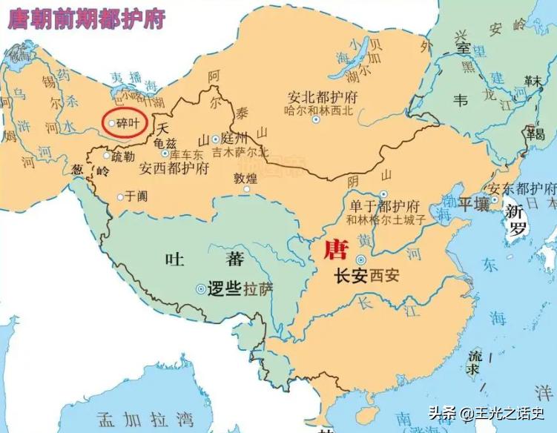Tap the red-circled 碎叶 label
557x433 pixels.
(128, 122)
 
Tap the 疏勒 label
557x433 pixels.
(124, 156)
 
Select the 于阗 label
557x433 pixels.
(136, 196)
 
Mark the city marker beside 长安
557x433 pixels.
(361, 260)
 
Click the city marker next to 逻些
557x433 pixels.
(201, 290)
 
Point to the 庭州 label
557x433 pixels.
(234, 139)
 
